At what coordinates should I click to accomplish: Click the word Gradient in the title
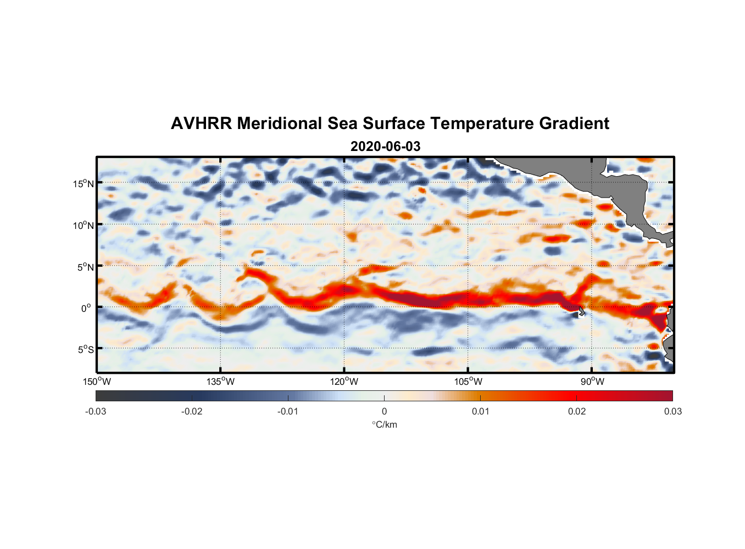click(574, 124)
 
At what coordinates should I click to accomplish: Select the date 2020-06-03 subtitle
click(385, 147)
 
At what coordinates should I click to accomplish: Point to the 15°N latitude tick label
click(84, 183)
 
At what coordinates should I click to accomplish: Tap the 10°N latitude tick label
click(84, 225)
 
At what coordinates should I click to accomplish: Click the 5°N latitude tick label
click(85, 267)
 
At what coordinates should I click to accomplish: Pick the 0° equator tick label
click(86, 308)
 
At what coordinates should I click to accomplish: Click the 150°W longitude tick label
click(97, 382)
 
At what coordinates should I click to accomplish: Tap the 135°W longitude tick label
click(221, 382)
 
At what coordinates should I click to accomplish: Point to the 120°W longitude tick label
click(344, 382)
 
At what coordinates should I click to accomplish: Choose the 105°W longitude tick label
click(468, 382)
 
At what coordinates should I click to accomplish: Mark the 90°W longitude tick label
click(592, 382)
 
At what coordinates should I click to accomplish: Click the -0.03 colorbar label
click(96, 411)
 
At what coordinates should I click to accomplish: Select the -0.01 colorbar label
click(288, 411)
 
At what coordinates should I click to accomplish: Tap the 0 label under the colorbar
click(384, 411)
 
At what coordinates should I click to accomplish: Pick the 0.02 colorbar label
click(577, 411)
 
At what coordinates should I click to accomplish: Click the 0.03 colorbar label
click(672, 411)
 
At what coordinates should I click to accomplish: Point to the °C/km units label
click(385, 424)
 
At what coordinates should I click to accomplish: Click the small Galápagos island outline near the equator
click(581, 312)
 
